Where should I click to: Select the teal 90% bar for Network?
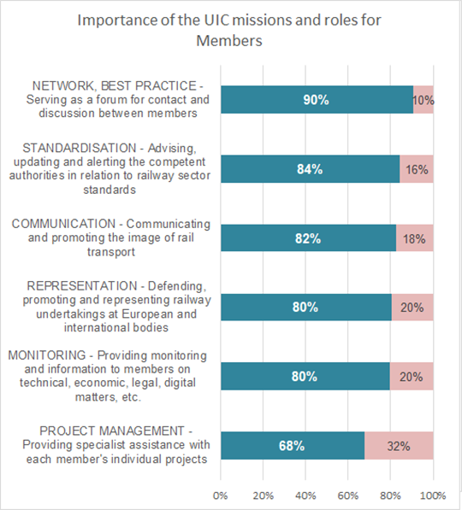click(317, 100)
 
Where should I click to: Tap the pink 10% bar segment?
click(423, 100)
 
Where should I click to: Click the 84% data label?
click(310, 169)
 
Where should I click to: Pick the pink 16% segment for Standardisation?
click(417, 169)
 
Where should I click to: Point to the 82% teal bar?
click(309, 237)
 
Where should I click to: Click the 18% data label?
click(414, 239)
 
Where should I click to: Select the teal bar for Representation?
click(306, 308)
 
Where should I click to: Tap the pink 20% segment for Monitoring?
click(412, 377)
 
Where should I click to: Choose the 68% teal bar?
click(293, 446)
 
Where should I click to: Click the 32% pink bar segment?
click(399, 446)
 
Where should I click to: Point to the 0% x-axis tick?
click(220, 495)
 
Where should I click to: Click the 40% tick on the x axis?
click(305, 495)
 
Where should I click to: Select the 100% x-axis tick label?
click(433, 495)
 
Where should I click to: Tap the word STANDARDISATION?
click(80, 148)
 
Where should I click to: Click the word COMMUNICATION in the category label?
click(63, 224)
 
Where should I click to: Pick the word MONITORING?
click(47, 355)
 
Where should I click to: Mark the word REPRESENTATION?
click(82, 286)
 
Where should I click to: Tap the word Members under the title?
click(229, 41)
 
